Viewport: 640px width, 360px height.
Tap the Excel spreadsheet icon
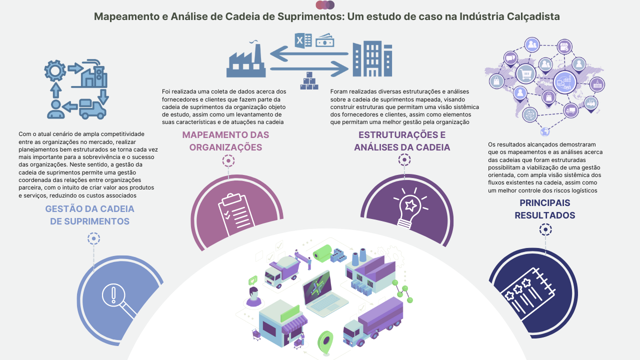303,41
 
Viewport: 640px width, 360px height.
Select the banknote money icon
325,40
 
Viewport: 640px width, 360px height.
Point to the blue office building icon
372,59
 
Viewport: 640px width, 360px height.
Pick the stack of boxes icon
309,81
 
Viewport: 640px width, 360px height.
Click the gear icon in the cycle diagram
55,70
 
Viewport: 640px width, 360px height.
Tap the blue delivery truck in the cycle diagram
92,109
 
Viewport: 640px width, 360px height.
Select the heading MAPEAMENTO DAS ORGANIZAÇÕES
225,141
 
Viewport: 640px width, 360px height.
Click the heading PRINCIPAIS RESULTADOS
545,209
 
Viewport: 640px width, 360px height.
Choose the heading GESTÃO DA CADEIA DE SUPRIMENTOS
89,215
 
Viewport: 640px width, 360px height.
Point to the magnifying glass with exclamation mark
119,301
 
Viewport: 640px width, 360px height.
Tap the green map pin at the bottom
325,343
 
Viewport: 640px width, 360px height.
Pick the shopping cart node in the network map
525,73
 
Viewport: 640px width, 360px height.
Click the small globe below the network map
545,131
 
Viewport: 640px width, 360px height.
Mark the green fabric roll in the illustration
322,253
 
